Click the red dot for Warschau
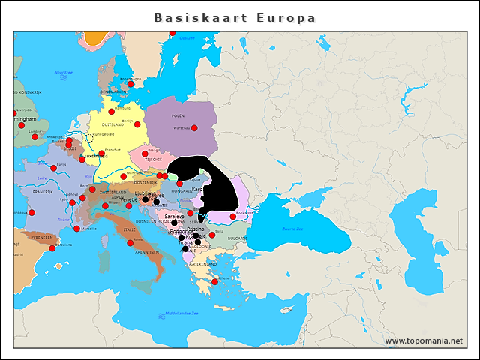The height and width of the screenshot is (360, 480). [x=195, y=128]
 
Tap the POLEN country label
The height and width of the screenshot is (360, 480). [x=178, y=116]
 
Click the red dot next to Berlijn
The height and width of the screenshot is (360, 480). [x=137, y=124]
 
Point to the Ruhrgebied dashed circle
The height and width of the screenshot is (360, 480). [x=88, y=137]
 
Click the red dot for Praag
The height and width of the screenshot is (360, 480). [x=145, y=154]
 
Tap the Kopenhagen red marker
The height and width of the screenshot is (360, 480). [x=130, y=83]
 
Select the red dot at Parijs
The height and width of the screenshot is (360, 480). [x=53, y=168]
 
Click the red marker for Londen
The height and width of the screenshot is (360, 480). [x=34, y=136]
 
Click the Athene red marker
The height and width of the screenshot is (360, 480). [x=215, y=282]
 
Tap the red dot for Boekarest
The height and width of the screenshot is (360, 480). [x=232, y=216]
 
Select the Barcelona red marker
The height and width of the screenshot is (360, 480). [x=52, y=248]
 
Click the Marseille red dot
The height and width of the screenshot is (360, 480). [x=76, y=229]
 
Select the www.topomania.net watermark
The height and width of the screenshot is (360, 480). [x=424, y=340]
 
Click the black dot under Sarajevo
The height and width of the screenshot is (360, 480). [x=174, y=223]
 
